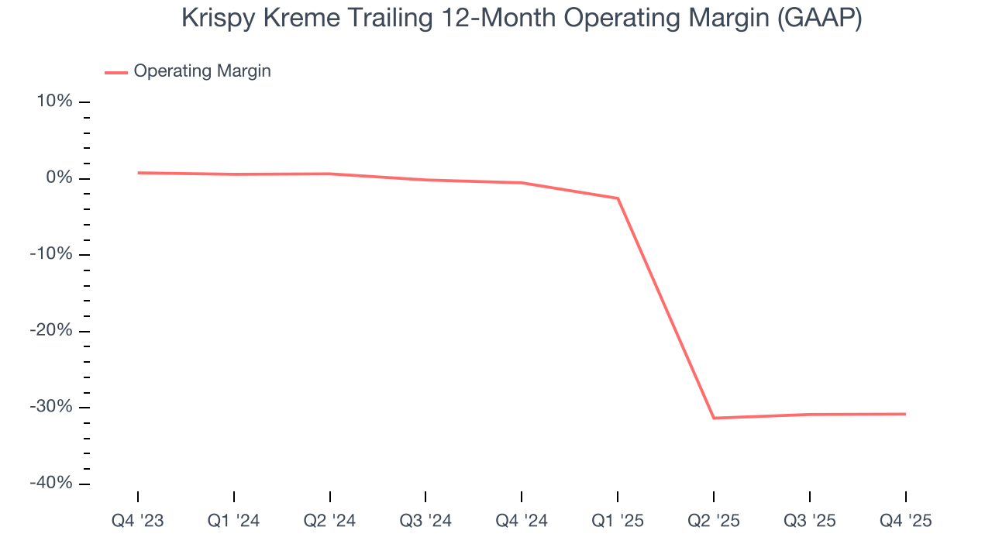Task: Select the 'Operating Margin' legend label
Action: pos(202,71)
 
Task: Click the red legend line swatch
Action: pos(115,72)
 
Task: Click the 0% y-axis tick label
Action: pos(61,178)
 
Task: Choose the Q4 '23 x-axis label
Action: pos(138,521)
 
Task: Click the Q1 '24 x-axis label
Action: pos(234,521)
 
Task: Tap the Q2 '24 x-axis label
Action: pos(330,521)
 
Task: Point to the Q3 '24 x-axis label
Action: pos(425,521)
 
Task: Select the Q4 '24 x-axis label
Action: pos(522,521)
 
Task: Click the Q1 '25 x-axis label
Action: pos(618,521)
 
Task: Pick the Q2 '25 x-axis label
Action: pos(714,521)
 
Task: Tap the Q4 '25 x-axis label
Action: pos(905,521)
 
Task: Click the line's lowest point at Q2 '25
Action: pos(714,418)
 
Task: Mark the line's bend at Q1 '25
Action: pos(618,198)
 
